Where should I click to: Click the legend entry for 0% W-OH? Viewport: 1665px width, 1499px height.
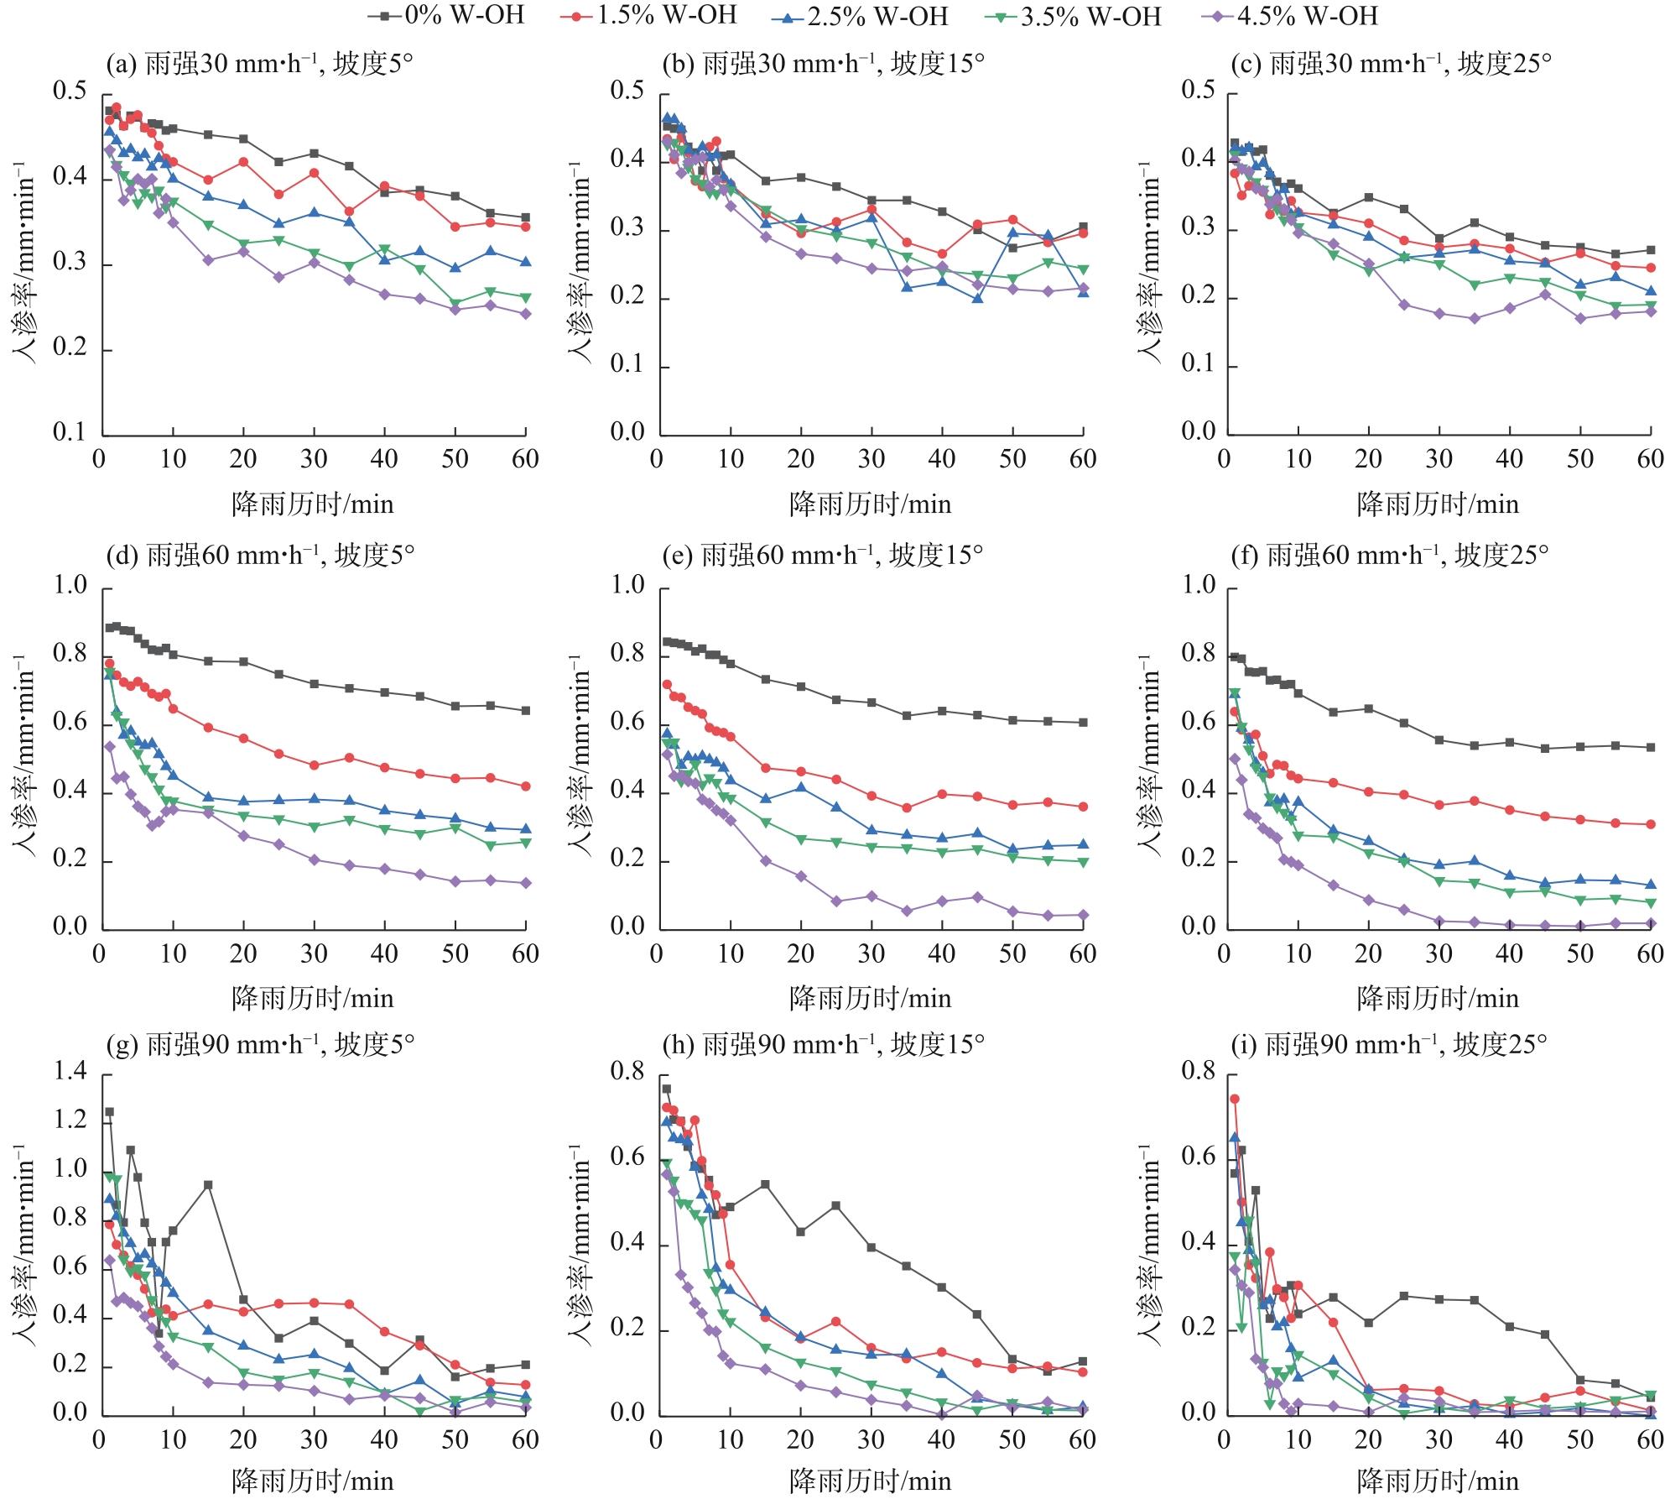(449, 15)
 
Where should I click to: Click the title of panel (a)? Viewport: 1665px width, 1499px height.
(259, 65)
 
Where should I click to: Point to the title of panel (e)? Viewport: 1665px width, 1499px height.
(822, 555)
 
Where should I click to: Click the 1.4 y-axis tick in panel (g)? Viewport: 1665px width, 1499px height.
(70, 1072)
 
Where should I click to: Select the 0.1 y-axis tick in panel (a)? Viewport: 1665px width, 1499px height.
(70, 433)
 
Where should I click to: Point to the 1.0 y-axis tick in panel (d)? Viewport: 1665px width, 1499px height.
(70, 585)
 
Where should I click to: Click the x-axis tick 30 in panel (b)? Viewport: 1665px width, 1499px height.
(872, 459)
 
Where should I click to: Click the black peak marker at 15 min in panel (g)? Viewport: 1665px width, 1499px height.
(208, 1185)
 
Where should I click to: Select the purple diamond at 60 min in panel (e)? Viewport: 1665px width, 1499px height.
(1083, 915)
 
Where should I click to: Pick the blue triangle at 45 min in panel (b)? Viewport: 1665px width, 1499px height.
(977, 298)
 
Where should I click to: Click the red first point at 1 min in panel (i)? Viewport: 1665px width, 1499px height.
(1234, 1099)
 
